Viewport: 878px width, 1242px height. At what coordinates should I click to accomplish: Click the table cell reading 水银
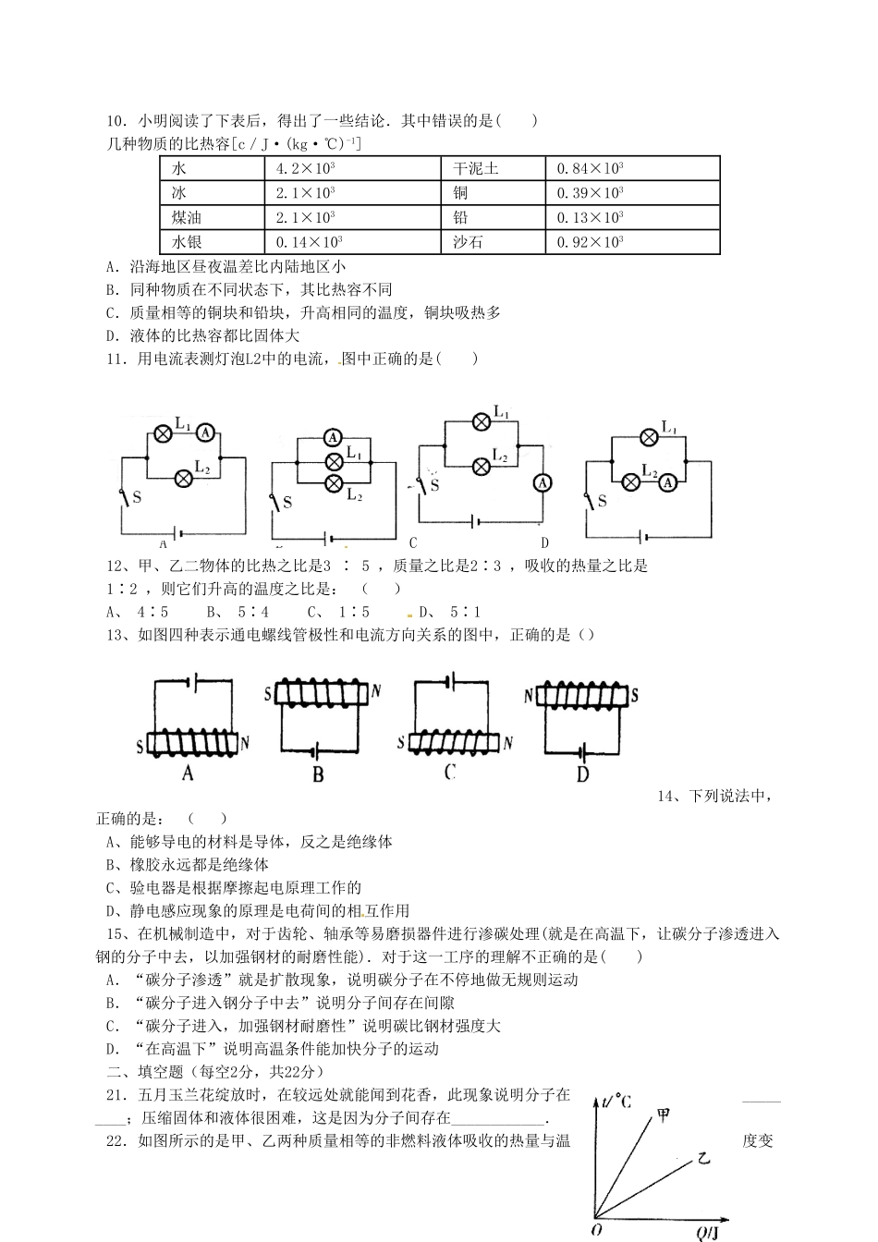[187, 242]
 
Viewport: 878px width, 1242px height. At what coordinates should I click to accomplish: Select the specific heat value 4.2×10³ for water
[305, 168]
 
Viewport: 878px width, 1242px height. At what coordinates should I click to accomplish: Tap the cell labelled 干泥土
[476, 168]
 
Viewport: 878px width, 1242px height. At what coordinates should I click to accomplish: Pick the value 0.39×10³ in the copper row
[590, 193]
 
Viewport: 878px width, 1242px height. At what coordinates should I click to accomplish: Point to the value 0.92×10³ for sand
[590, 242]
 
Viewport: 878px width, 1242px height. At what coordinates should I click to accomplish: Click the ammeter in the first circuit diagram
[207, 432]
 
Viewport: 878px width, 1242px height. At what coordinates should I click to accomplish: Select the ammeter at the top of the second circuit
[332, 437]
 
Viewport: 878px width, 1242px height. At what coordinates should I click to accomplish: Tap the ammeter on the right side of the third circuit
[543, 482]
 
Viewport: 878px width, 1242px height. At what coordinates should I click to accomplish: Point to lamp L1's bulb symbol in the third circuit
[481, 422]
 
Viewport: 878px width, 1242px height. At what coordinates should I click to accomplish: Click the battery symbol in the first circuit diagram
[178, 533]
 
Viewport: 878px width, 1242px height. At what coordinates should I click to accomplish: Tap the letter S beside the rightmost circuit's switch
[603, 501]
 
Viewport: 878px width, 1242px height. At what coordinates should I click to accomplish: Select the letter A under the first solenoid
[188, 772]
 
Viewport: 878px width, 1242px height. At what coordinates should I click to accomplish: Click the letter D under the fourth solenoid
[582, 774]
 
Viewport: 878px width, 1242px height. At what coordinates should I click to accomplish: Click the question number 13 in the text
[116, 635]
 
